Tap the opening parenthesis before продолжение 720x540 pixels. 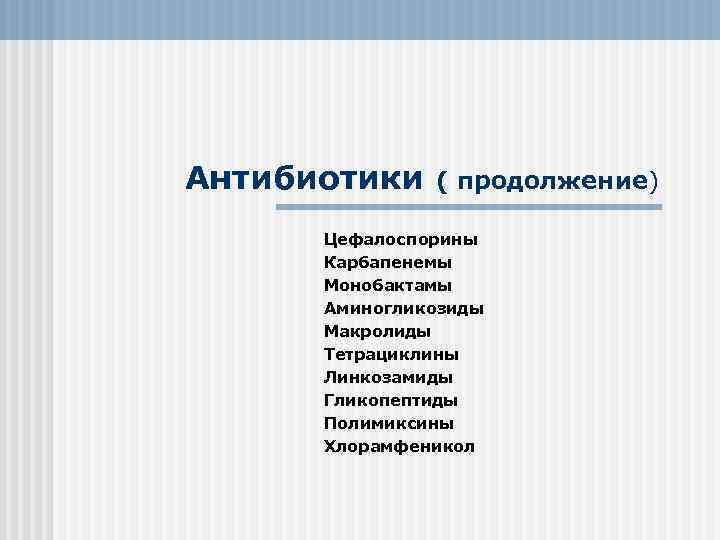[x=442, y=182]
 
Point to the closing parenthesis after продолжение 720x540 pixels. [x=655, y=182]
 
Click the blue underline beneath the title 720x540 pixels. [x=469, y=208]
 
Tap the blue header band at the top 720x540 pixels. [x=360, y=19]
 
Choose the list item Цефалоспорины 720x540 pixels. [x=400, y=240]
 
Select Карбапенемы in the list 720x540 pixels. [x=387, y=263]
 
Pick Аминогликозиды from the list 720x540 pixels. [x=403, y=309]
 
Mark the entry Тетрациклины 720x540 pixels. [x=391, y=354]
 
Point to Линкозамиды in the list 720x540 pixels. [x=387, y=377]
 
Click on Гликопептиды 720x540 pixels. [x=390, y=400]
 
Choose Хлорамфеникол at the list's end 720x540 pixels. [x=399, y=446]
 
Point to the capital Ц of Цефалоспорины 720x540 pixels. [x=330, y=240]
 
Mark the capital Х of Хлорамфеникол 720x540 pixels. [x=329, y=446]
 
